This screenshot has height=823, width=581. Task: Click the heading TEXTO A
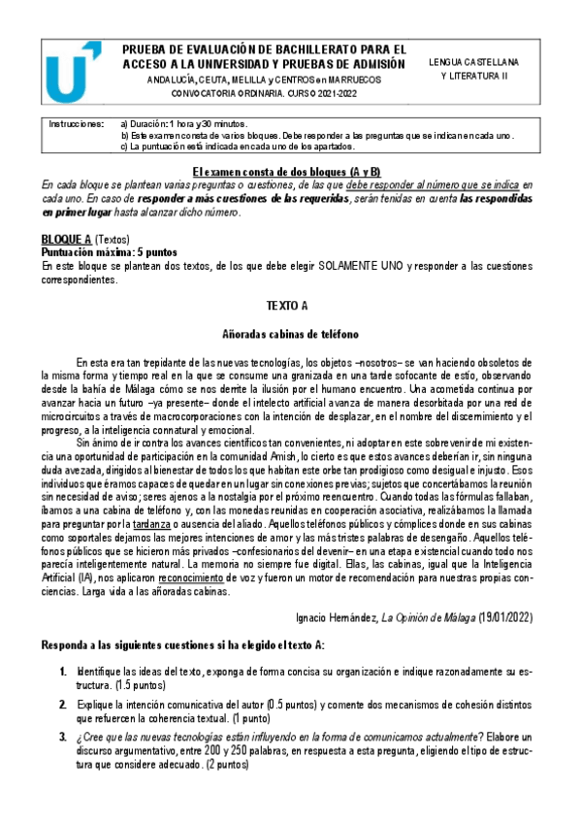(287, 306)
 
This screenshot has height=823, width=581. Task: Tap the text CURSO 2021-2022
(331, 94)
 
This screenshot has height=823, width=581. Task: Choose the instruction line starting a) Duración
(184, 124)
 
